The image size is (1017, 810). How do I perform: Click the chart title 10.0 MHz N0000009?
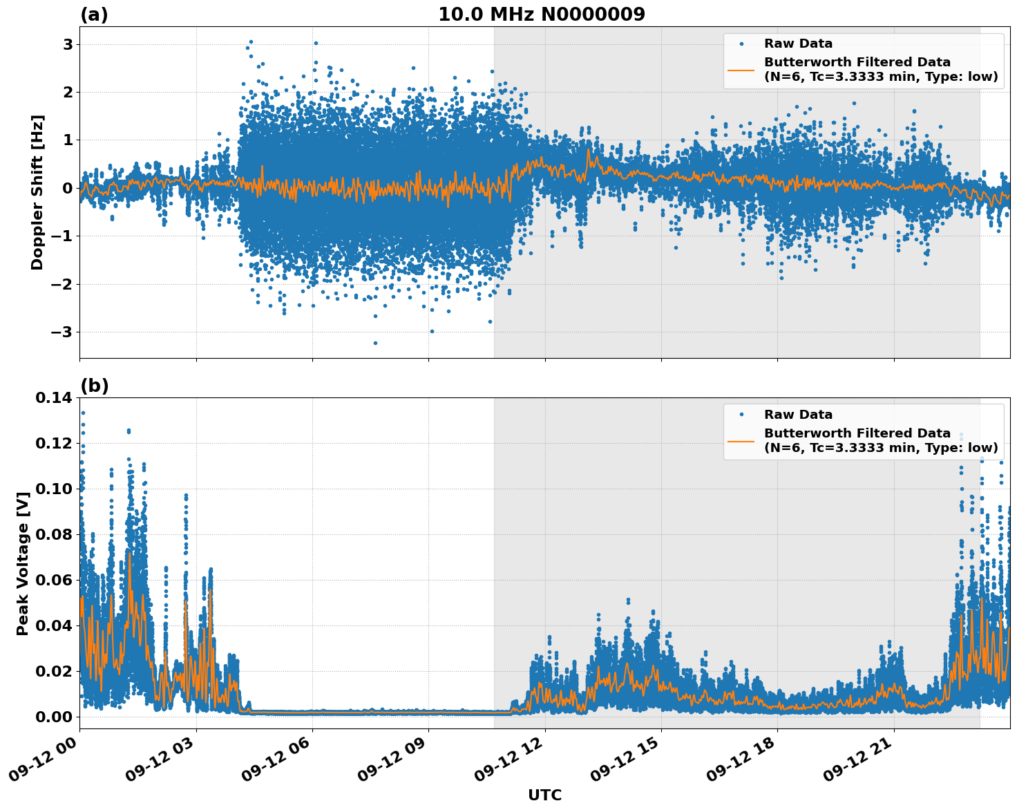[541, 15]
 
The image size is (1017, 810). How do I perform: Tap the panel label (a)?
[94, 15]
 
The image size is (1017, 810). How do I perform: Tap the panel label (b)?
[94, 386]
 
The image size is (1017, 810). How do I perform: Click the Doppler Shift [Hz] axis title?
[37, 192]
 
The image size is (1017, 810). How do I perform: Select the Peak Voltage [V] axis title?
[23, 563]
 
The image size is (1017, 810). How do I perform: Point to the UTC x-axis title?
[544, 795]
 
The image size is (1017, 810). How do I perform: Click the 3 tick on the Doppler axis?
[68, 44]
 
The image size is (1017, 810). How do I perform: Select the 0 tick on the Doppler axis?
[68, 188]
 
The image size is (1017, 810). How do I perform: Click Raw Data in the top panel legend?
[798, 44]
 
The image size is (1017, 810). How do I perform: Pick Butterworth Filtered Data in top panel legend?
[857, 62]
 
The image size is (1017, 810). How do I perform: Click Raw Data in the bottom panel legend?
[798, 415]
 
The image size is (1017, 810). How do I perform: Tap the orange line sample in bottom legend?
[741, 441]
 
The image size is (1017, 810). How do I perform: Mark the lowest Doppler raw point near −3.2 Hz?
[375, 343]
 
